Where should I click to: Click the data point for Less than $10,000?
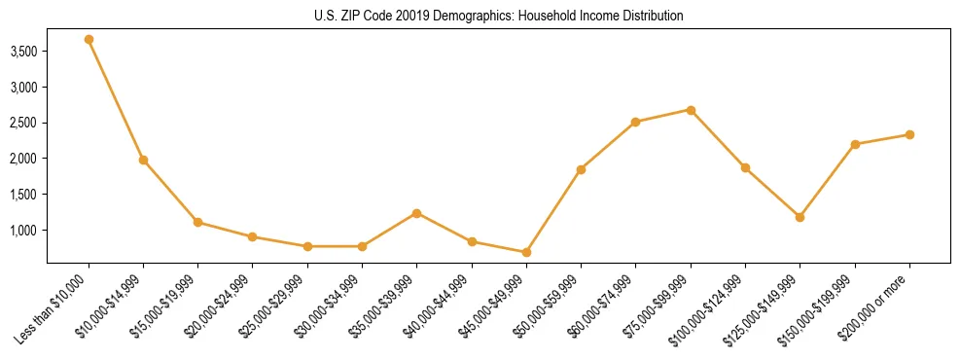(89, 40)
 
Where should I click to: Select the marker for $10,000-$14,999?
(143, 160)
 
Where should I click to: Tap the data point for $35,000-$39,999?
(416, 213)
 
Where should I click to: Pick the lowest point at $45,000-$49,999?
(526, 252)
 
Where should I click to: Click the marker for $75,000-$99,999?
(691, 110)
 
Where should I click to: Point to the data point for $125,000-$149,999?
(800, 217)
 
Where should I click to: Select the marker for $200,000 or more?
(909, 134)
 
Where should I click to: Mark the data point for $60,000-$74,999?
(635, 122)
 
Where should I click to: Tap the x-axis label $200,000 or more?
(877, 307)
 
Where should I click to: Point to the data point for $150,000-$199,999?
(855, 144)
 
